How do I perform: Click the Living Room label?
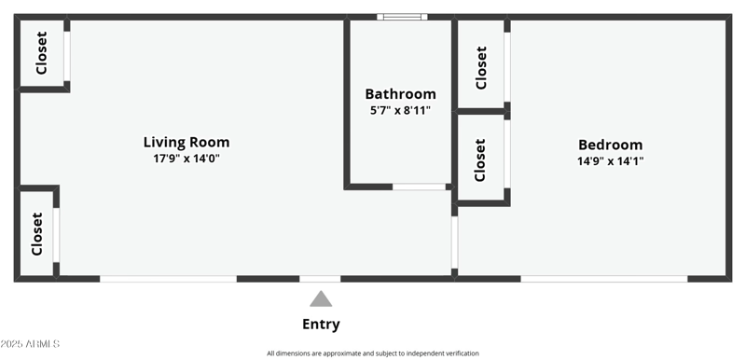(186, 143)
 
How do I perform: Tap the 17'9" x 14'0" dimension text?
(186, 159)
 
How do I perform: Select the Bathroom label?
(400, 94)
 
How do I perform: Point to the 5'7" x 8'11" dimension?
(400, 110)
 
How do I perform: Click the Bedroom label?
(611, 145)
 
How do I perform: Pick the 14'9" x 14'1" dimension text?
(611, 160)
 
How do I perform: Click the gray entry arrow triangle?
(321, 299)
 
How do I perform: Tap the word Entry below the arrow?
(321, 325)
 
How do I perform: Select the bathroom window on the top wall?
(403, 17)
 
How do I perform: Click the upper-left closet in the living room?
(42, 54)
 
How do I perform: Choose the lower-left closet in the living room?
(37, 233)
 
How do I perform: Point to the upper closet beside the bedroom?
(480, 67)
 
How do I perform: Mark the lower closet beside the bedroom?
(480, 159)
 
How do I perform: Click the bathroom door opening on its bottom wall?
(419, 187)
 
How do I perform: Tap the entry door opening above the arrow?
(320, 278)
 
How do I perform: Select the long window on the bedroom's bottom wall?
(603, 278)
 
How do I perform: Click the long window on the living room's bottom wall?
(168, 278)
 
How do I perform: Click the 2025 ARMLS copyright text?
(31, 344)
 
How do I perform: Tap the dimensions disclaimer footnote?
(373, 353)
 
